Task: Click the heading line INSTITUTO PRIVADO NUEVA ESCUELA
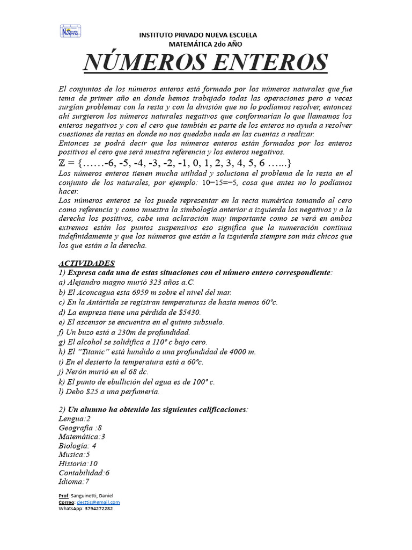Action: [198, 35]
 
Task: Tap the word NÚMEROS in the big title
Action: [142, 63]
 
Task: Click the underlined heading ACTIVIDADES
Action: [86, 263]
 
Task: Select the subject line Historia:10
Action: [78, 463]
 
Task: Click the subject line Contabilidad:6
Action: [84, 473]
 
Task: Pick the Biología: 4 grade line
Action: [77, 445]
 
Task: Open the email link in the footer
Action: [98, 502]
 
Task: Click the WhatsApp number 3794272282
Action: [98, 508]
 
